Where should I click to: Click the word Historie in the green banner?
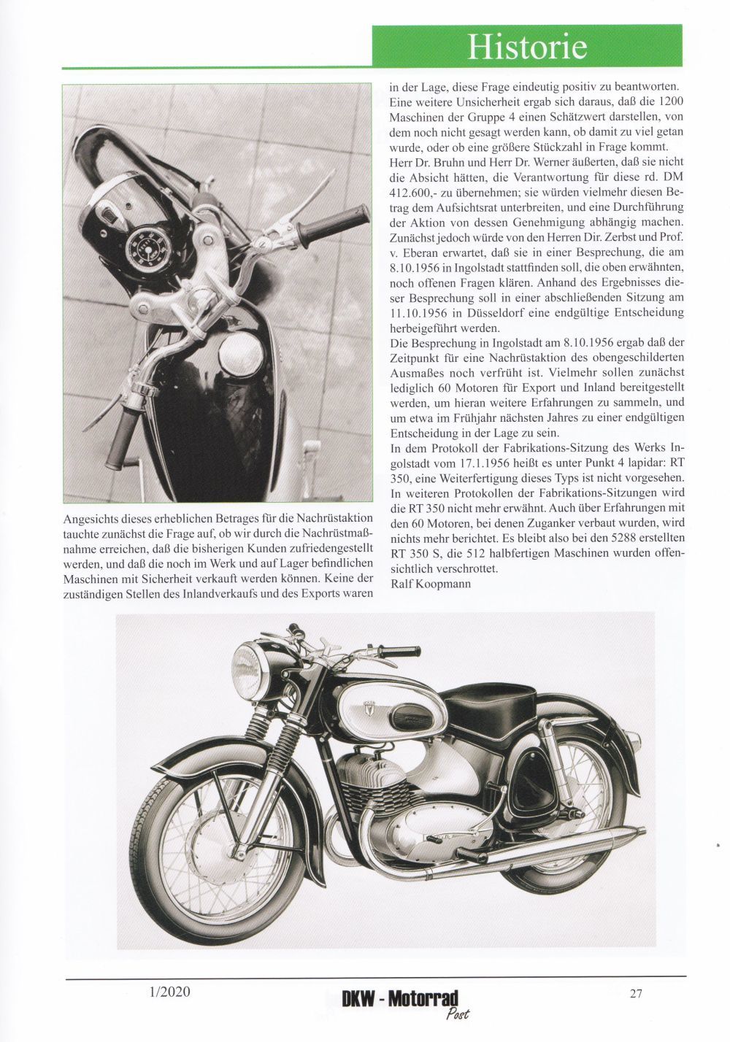point(527,47)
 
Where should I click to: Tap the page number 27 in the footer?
point(635,992)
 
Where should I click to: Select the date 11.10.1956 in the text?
point(415,313)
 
